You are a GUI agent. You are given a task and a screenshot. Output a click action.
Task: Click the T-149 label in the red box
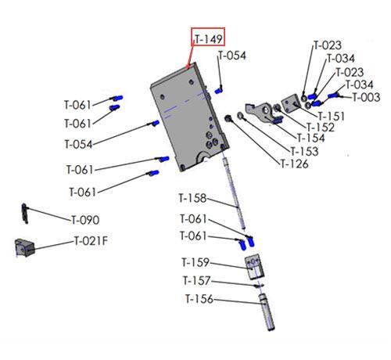tap(209, 39)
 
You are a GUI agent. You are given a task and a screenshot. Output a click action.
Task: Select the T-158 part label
tap(192, 198)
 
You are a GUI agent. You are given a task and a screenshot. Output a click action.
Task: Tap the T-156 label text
tap(199, 299)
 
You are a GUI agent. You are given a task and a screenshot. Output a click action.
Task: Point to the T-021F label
tap(91, 241)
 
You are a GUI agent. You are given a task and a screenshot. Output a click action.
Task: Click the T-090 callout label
tap(85, 220)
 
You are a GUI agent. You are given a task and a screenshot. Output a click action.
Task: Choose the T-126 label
tap(294, 164)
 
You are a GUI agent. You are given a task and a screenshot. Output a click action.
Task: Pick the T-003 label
tap(366, 97)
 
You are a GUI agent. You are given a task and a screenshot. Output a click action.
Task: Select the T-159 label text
tap(195, 262)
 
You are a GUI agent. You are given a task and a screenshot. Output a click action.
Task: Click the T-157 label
tap(196, 281)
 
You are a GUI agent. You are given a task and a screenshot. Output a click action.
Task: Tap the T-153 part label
tap(304, 151)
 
